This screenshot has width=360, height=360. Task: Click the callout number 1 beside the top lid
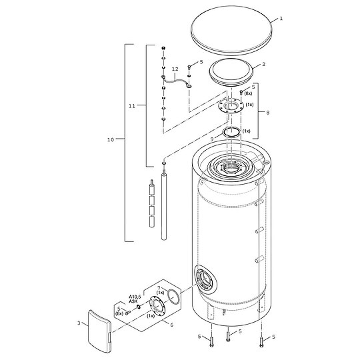(281, 19)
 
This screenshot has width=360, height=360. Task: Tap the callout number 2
(264, 64)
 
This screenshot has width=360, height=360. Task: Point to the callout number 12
(175, 69)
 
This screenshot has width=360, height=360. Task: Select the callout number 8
(267, 113)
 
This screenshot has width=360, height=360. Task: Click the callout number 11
(131, 105)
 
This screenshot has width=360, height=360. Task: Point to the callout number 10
(111, 139)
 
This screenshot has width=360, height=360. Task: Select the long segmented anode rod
(161, 213)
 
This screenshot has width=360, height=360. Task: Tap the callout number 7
(159, 288)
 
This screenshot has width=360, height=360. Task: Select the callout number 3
(79, 323)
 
